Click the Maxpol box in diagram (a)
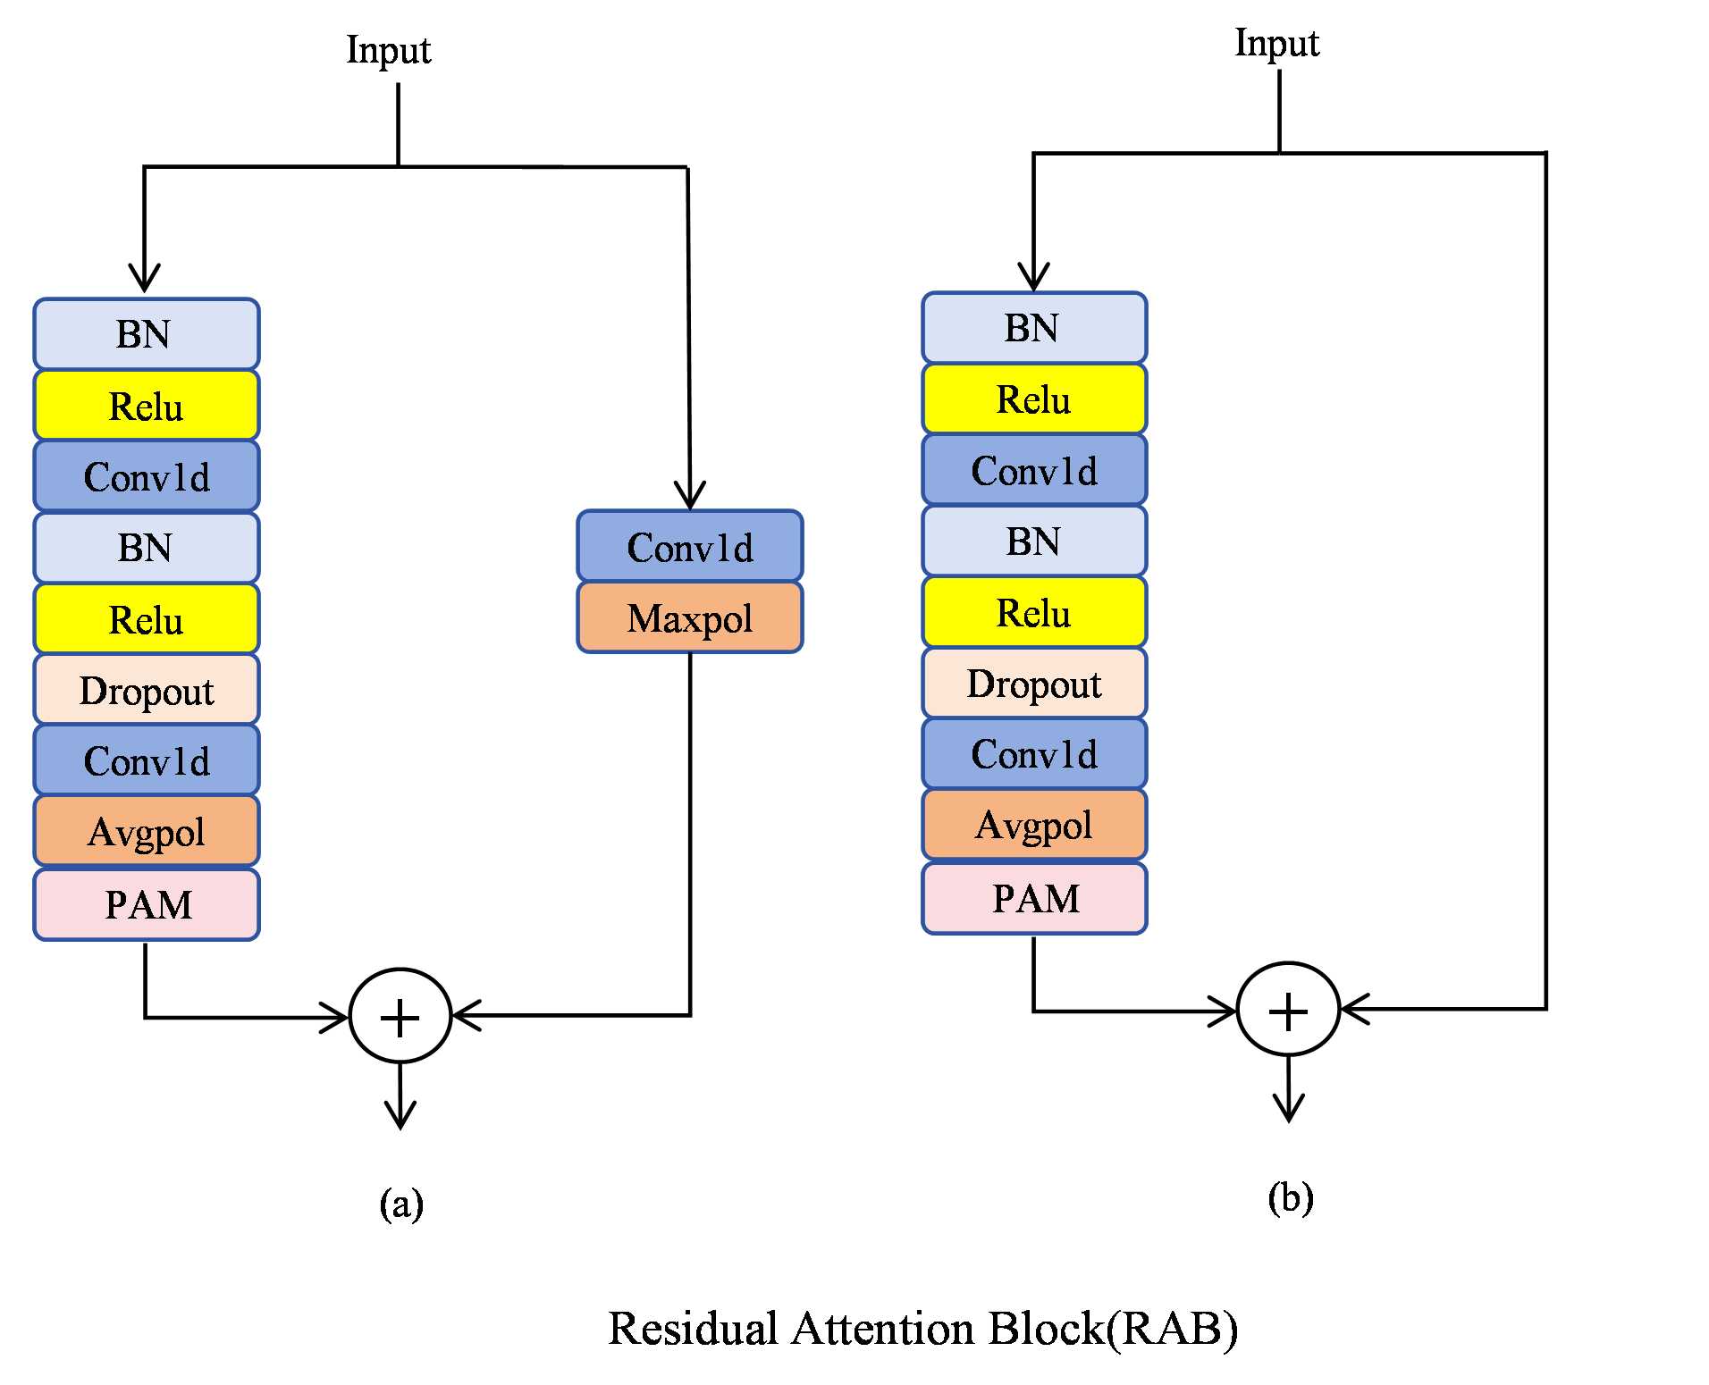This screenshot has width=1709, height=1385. [689, 617]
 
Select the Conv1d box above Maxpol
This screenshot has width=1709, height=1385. [689, 547]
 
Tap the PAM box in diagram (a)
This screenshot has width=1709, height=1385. [147, 904]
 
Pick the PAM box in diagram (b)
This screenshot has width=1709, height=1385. [1034, 898]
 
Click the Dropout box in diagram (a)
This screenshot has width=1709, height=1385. [147, 690]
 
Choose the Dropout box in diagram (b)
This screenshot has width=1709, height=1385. [1034, 684]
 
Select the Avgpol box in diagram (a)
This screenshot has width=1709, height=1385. [147, 831]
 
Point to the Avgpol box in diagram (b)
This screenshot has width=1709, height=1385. [1034, 825]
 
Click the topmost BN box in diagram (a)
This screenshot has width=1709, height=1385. [147, 334]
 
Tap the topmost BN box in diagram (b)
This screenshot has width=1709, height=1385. [1034, 328]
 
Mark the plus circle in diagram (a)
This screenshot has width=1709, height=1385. [400, 1016]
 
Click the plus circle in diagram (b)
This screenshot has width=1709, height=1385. [1288, 1010]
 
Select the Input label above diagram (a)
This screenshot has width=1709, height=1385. [388, 51]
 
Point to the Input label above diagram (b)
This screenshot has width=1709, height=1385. [1276, 44]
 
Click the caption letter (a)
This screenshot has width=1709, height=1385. [400, 1204]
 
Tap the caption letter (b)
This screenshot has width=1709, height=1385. [1290, 1197]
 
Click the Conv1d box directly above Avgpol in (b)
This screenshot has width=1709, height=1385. [1034, 754]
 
